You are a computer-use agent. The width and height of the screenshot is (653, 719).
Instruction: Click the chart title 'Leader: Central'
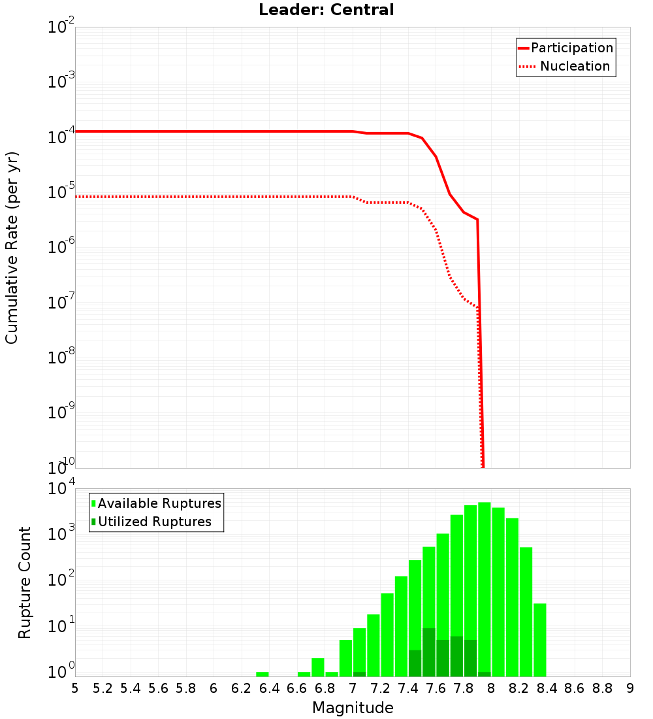click(x=326, y=10)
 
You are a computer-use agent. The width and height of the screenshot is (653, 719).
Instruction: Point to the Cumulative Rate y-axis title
click(x=12, y=248)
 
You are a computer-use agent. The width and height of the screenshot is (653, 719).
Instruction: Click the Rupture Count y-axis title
click(x=25, y=582)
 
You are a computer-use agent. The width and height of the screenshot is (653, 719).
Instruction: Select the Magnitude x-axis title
click(x=353, y=708)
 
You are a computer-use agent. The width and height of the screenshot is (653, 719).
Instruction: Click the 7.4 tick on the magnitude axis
click(x=408, y=688)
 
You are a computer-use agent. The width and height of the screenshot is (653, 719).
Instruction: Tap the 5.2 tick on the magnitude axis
click(x=103, y=688)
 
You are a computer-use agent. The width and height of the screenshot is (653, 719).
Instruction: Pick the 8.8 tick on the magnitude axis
click(x=602, y=688)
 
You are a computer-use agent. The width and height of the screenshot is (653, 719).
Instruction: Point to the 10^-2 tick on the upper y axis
click(x=61, y=28)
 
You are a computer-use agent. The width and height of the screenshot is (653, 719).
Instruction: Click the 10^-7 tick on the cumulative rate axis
click(x=61, y=303)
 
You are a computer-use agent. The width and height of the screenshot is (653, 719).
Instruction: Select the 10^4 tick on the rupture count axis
click(x=61, y=490)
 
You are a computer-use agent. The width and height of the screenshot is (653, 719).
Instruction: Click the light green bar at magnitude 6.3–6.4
click(x=263, y=674)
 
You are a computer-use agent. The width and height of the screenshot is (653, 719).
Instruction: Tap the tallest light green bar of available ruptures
click(x=484, y=588)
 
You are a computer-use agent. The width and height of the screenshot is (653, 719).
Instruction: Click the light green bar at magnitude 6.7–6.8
click(x=318, y=667)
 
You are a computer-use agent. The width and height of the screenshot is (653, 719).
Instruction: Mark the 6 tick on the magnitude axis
click(x=214, y=688)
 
